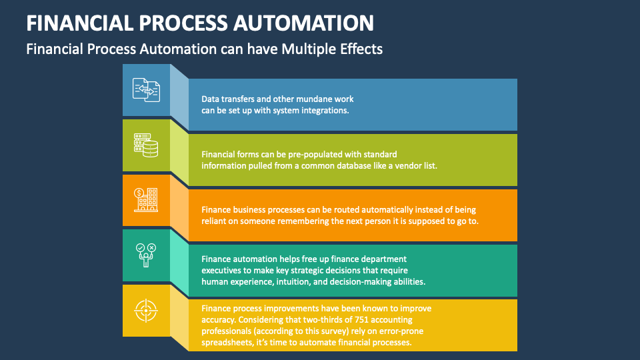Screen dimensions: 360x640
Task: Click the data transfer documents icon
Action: pyautogui.click(x=146, y=89)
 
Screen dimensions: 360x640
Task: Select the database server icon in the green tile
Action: pyautogui.click(x=146, y=145)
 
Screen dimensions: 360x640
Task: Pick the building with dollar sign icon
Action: pyautogui.click(x=146, y=199)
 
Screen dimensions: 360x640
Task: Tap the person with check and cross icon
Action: pyautogui.click(x=146, y=255)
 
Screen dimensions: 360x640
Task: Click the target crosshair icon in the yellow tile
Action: pyautogui.click(x=146, y=309)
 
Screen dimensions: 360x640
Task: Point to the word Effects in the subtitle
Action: pyautogui.click(x=363, y=49)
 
